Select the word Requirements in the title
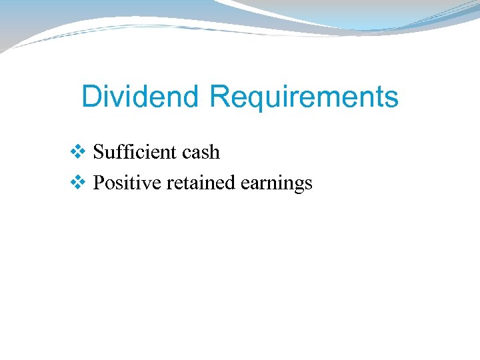pos(303,97)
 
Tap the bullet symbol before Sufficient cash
pos(77,153)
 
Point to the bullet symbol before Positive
pos(77,183)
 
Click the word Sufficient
pos(129,152)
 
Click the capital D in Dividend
pos(91,97)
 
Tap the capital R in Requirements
pos(219,97)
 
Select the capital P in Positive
pos(98,182)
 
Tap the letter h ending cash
pos(214,152)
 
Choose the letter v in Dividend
pos(117,98)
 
